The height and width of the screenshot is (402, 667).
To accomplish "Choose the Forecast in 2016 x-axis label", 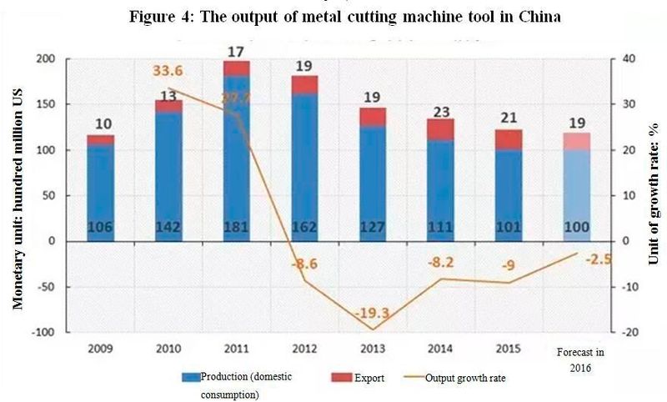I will (574, 359).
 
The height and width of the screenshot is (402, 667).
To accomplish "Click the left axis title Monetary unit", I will (17, 196).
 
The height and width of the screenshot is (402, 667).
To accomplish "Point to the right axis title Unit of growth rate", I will (654, 196).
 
